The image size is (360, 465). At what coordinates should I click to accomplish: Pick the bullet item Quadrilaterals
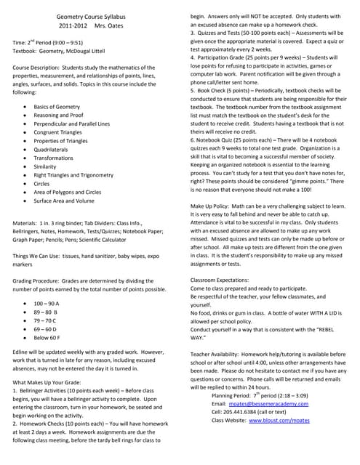[x=53, y=149]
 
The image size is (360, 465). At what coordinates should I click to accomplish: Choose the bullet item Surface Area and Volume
[x=64, y=201]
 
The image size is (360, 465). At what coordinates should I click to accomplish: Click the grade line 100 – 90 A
[x=47, y=302]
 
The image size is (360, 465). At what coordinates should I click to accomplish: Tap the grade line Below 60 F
[x=47, y=338]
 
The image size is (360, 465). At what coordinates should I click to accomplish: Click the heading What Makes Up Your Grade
[x=50, y=381]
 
